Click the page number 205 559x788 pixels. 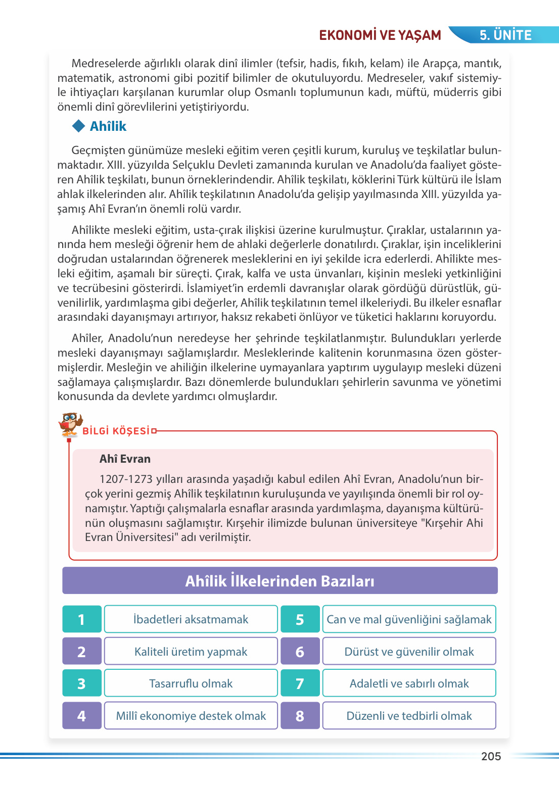point(491,756)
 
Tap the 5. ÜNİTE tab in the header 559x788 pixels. point(505,35)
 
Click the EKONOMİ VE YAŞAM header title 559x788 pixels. point(380,35)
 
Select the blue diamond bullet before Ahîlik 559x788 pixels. point(79,126)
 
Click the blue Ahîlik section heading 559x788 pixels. point(108,126)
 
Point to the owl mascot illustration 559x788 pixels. point(70,424)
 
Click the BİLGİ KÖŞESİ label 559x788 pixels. point(116,431)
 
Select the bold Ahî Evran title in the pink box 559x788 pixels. point(125,459)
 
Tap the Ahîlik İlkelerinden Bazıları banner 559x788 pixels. point(279,581)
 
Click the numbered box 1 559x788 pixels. point(82,619)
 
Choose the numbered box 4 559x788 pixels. point(82,716)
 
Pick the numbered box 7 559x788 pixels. point(300,683)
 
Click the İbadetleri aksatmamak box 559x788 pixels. point(191,619)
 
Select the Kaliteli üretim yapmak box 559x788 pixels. point(191,652)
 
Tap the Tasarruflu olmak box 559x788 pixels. point(191,683)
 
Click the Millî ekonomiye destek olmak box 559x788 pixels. point(191,716)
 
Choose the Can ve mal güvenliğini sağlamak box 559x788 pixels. point(409,619)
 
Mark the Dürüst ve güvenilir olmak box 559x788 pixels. point(409,652)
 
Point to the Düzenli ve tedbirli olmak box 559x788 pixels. point(409,716)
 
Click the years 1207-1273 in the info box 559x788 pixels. point(126,479)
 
